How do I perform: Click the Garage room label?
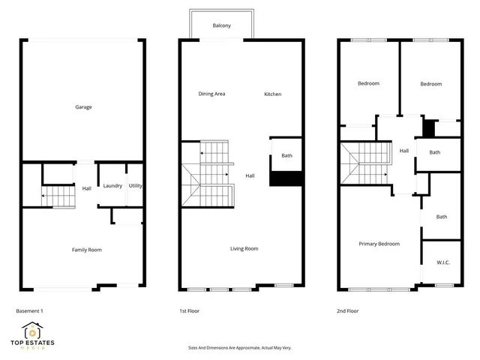tap(83, 107)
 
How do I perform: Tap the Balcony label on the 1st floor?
tap(221, 25)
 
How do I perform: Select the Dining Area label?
tap(211, 94)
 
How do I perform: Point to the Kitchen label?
tap(272, 94)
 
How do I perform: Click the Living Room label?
tap(244, 248)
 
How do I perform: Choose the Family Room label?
tap(86, 249)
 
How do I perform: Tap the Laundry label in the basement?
tap(112, 186)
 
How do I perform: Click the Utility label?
tap(136, 185)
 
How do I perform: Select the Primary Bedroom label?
tap(379, 244)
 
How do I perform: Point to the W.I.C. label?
tap(442, 262)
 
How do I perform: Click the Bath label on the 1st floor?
tap(286, 156)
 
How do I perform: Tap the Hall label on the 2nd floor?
tap(403, 151)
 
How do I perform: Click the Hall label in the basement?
tap(86, 188)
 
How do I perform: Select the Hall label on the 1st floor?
tap(250, 176)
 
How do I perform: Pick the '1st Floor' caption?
tap(189, 310)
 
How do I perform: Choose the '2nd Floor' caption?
tap(348, 310)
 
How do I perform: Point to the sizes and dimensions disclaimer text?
tap(240, 348)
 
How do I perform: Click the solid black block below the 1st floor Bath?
tap(285, 180)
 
